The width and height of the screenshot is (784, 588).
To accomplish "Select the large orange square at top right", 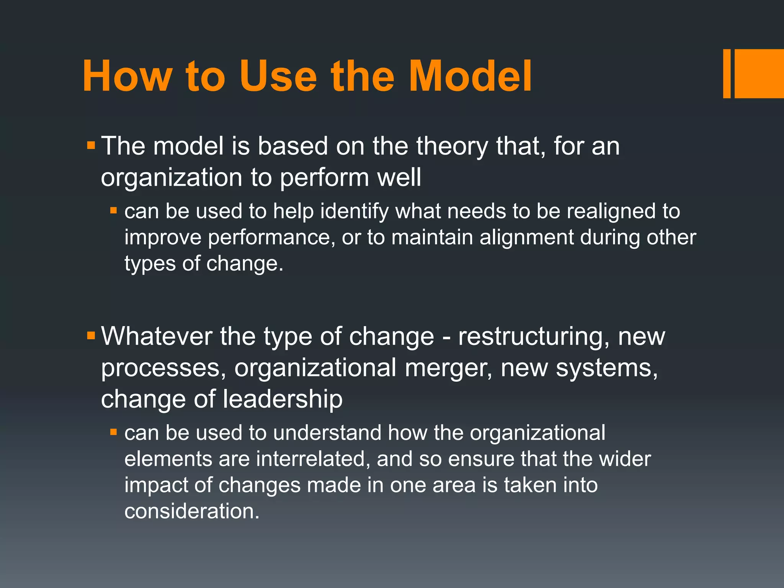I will (x=759, y=73).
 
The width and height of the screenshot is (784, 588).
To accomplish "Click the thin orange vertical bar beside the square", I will (x=727, y=73).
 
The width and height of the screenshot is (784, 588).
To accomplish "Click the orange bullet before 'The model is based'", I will (x=91, y=145).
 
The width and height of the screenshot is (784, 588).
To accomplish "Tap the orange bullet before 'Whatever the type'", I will (x=91, y=336).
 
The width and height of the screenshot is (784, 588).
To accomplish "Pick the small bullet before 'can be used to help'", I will (x=113, y=211).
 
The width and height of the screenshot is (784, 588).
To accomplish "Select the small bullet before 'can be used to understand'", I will (x=113, y=432).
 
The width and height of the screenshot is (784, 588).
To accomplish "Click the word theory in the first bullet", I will (x=452, y=146).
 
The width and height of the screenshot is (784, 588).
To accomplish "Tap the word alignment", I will (x=526, y=238).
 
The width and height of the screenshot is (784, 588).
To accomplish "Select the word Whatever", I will (x=157, y=336).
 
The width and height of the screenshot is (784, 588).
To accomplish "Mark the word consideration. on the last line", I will (x=192, y=511).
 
